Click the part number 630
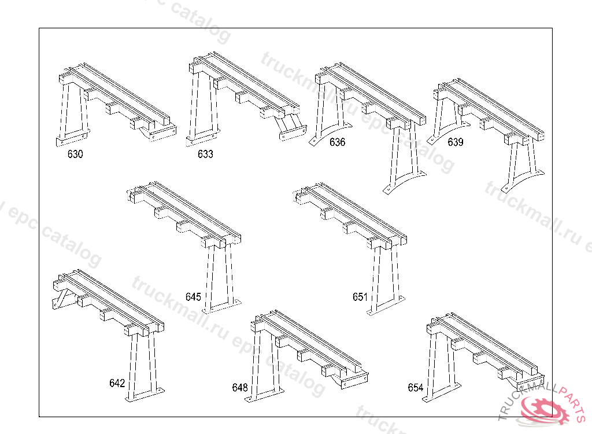point(75,155)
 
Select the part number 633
point(205,155)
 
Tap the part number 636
point(337,142)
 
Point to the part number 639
point(456,142)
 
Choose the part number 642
point(117,383)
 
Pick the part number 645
point(193,297)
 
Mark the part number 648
point(240,387)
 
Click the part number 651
point(360,297)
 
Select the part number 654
point(416,388)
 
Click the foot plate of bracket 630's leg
point(73,138)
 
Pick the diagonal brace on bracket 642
point(60,301)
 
